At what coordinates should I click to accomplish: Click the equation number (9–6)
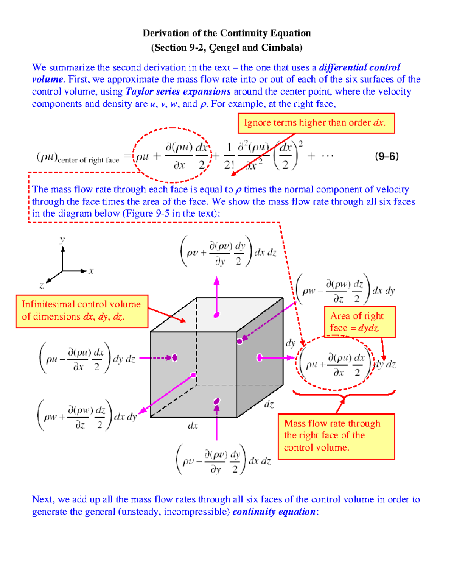pos(387,156)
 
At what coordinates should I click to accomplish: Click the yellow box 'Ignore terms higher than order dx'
pos(316,123)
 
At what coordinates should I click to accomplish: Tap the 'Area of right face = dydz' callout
pos(359,322)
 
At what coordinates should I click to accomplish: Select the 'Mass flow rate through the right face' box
pos(336,436)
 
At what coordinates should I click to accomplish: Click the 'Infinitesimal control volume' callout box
pos(81,311)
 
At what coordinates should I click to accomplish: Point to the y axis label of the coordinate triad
pos(62,239)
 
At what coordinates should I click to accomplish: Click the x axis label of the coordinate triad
pos(91,271)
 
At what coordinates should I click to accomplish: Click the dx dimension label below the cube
pos(193,426)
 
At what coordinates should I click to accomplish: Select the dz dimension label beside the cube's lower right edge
pos(269,404)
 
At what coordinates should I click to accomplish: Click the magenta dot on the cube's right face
pos(260,357)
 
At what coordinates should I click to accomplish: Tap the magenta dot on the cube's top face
pos(216,315)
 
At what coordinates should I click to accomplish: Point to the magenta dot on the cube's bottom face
pos(216,401)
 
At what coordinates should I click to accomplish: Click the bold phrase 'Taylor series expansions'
pos(178,92)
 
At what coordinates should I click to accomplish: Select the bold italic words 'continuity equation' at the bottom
pos(274,512)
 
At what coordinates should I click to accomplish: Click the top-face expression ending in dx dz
pos(228,252)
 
